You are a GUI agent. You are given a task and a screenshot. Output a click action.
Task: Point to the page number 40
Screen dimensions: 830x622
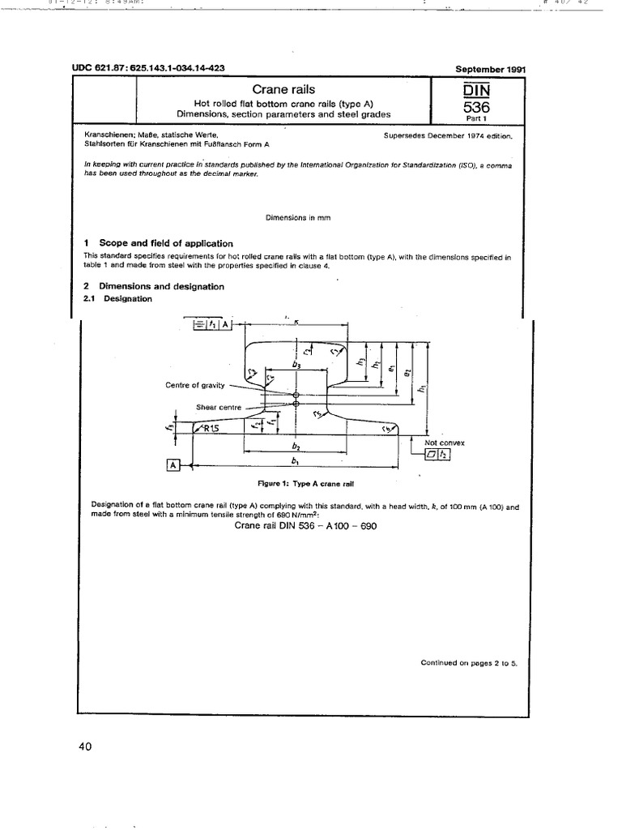[86, 747]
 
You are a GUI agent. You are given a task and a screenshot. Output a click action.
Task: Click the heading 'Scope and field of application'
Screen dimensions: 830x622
[165, 243]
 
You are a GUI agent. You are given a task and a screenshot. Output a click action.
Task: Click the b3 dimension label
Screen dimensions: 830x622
[295, 366]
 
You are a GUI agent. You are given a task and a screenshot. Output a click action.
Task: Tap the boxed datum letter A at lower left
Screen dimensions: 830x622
[173, 465]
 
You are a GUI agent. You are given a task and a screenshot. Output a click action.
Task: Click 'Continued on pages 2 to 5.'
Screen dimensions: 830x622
[468, 662]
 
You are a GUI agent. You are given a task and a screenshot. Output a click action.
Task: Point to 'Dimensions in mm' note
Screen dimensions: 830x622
[298, 217]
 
